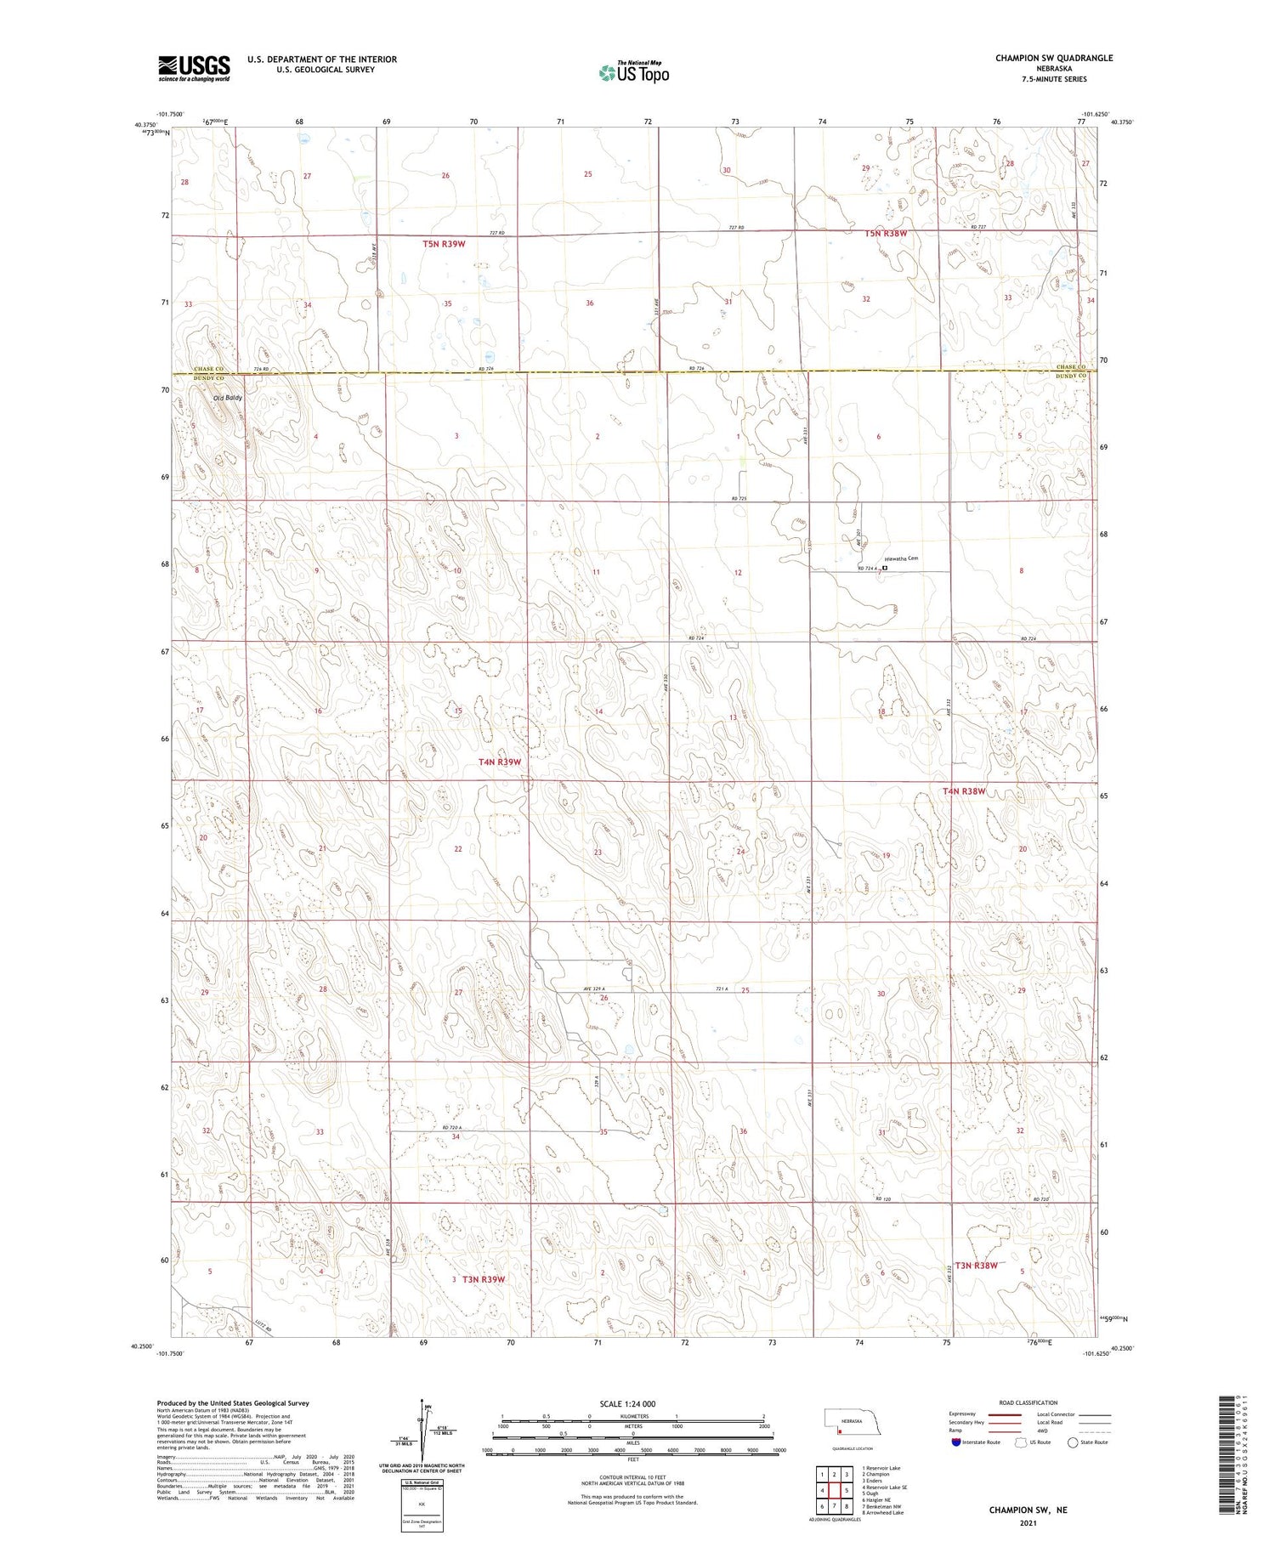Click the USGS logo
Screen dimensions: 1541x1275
point(194,68)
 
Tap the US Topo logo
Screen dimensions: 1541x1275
point(633,72)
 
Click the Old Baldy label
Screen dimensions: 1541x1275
point(227,397)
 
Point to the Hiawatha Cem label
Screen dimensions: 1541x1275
point(902,558)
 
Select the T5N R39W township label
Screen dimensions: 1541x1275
point(444,244)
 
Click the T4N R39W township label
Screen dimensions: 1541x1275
point(499,762)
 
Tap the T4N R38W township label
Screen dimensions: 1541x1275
point(963,791)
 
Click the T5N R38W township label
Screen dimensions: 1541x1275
point(886,233)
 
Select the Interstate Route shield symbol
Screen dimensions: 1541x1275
point(955,1442)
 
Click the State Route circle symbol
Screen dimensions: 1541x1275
point(1074,1442)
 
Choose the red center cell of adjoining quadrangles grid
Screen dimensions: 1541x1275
point(835,1490)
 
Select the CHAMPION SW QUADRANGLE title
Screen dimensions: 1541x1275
point(1054,58)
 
